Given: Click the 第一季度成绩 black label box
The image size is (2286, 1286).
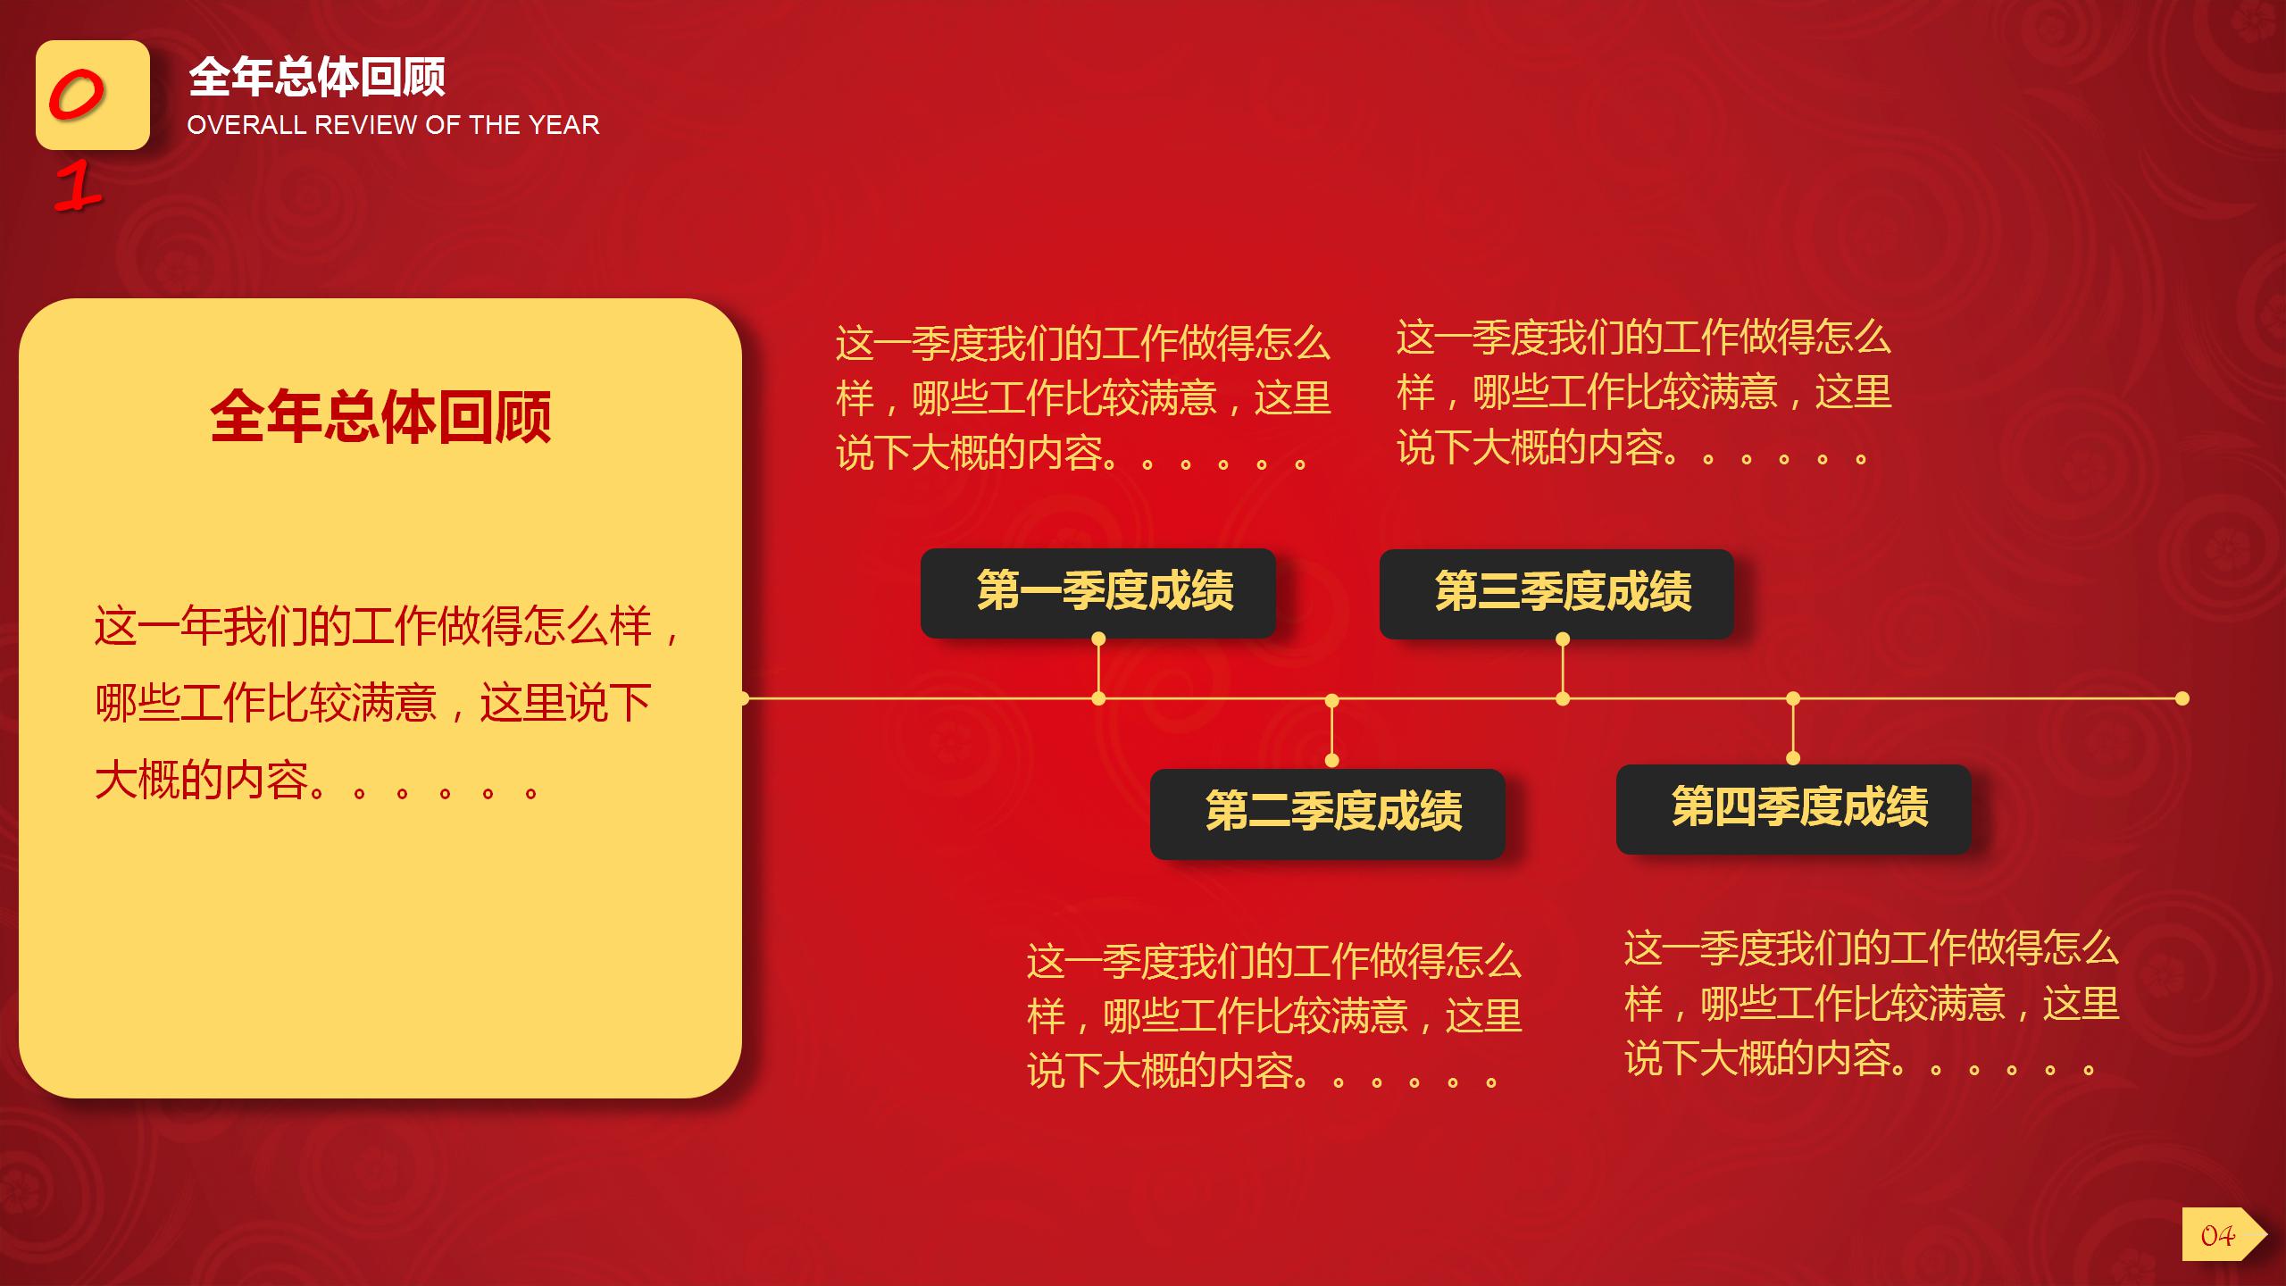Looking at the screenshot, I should [x=1098, y=592].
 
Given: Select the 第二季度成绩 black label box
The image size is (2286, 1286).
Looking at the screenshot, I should [x=1328, y=813].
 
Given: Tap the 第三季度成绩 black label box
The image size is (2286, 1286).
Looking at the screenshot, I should [x=1556, y=593].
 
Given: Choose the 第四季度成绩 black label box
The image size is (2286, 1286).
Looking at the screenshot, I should [x=1793, y=808].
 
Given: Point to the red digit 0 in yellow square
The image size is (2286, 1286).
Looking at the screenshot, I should [x=77, y=96].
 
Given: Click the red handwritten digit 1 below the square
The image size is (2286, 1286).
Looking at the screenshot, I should [x=79, y=188].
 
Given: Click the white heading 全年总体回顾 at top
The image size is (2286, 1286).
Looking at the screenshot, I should [x=317, y=77].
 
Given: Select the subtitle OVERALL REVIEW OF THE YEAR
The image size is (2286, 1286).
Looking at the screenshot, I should [x=393, y=125].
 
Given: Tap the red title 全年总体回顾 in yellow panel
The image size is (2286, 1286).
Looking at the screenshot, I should [x=380, y=416].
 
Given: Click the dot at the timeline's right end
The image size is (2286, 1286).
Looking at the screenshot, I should [x=2182, y=698].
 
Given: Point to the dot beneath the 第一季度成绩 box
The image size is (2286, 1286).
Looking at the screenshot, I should [x=1098, y=639].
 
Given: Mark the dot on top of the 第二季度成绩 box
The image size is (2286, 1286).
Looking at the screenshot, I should [x=1331, y=760].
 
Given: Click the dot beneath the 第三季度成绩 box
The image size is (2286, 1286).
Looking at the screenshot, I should [x=1563, y=639].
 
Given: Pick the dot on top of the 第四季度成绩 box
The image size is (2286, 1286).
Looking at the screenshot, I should [x=1793, y=758].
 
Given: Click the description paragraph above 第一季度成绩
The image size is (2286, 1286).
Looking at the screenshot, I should [x=1082, y=398].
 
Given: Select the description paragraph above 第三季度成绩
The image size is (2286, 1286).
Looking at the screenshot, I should [x=1643, y=393].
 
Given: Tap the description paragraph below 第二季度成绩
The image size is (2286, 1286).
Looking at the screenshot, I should [x=1273, y=1016].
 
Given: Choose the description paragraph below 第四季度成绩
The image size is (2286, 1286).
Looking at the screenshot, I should [x=1871, y=1004].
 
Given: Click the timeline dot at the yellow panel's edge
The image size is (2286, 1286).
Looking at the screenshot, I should [x=743, y=698].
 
